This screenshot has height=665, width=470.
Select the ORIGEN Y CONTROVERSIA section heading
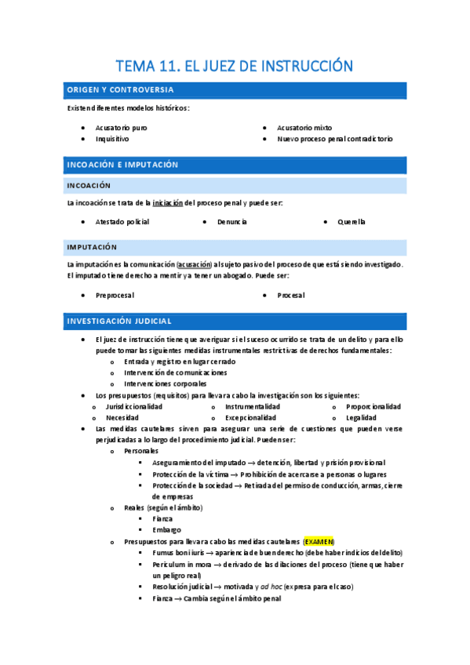120,90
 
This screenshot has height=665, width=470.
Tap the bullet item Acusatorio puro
121,127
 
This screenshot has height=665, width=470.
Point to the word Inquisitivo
112,139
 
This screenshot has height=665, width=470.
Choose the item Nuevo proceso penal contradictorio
334,139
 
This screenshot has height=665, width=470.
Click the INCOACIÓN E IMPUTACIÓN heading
122,165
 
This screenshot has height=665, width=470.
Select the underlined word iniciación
167,203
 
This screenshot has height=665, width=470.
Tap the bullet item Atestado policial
122,222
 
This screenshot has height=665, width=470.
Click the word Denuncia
232,222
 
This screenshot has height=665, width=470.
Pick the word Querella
352,222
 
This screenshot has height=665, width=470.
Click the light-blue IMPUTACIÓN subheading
92,247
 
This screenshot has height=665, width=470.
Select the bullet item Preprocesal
115,296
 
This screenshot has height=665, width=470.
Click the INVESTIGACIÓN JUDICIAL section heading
119,322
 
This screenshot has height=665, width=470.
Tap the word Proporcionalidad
373,406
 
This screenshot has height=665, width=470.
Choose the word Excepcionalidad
250,418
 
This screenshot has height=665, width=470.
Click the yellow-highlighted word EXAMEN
319,542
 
